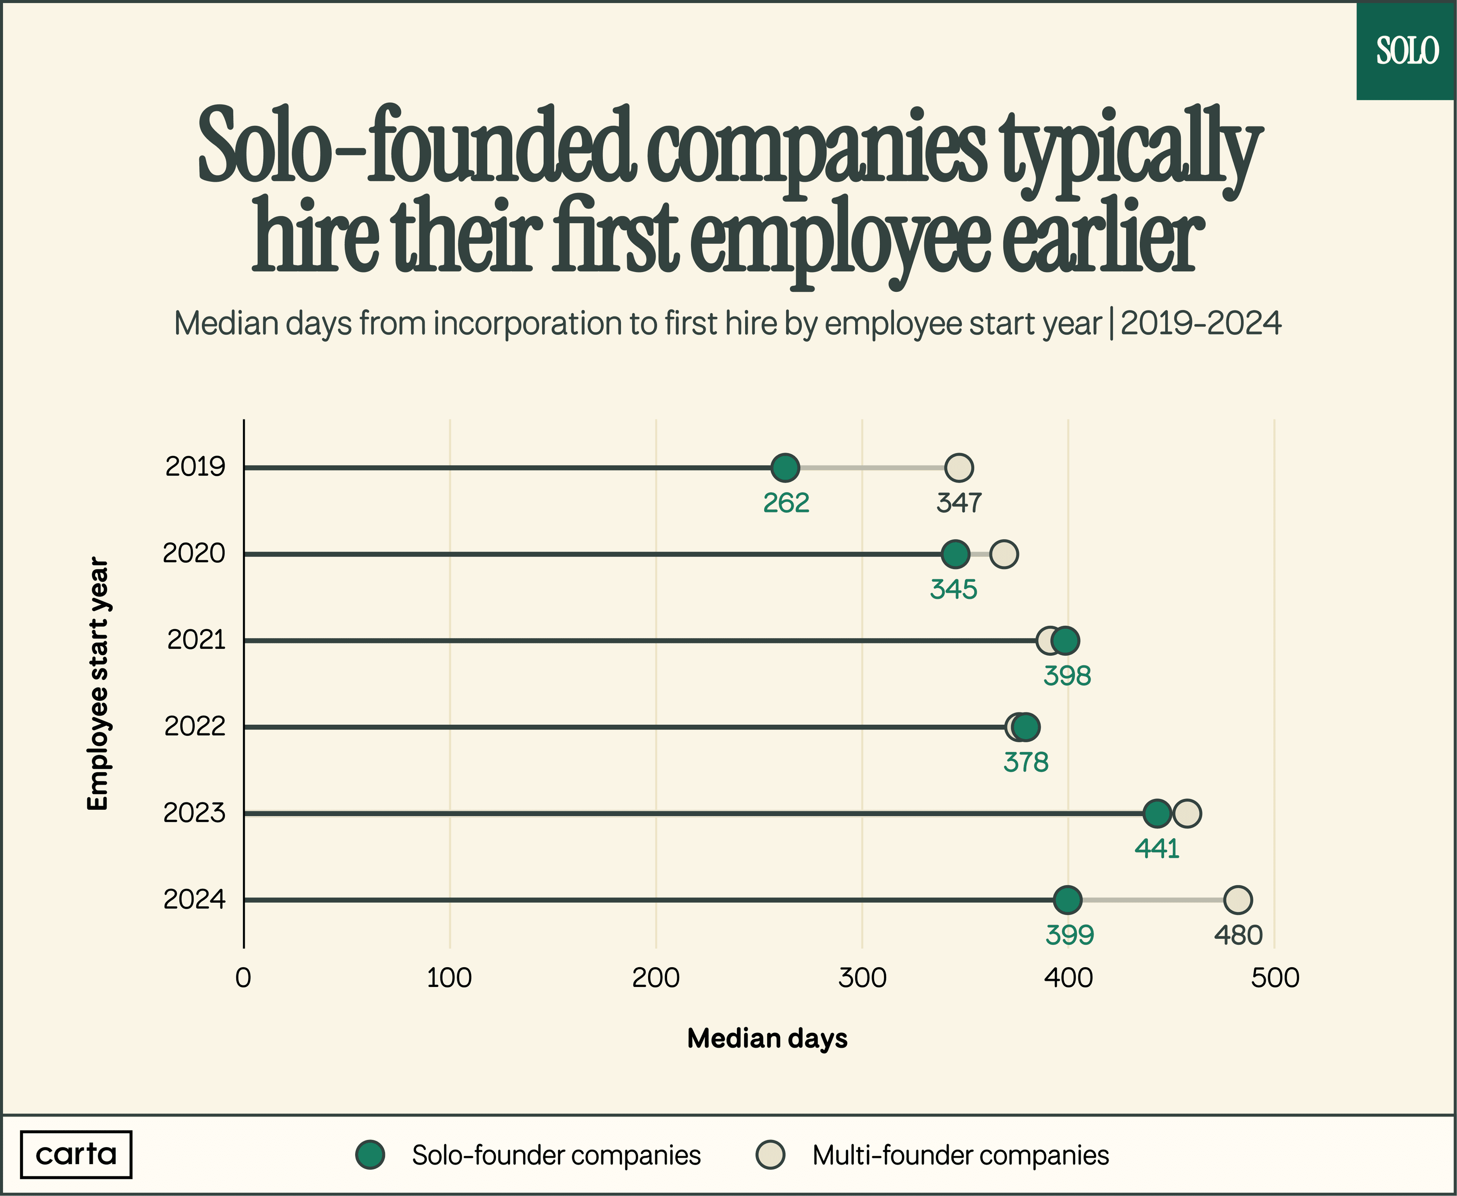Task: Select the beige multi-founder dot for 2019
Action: click(959, 468)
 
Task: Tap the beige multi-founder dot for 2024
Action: click(1238, 900)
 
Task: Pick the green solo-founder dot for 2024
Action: click(1067, 900)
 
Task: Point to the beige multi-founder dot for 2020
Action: click(1004, 554)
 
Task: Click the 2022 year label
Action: click(195, 727)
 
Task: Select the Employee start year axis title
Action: click(98, 684)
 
